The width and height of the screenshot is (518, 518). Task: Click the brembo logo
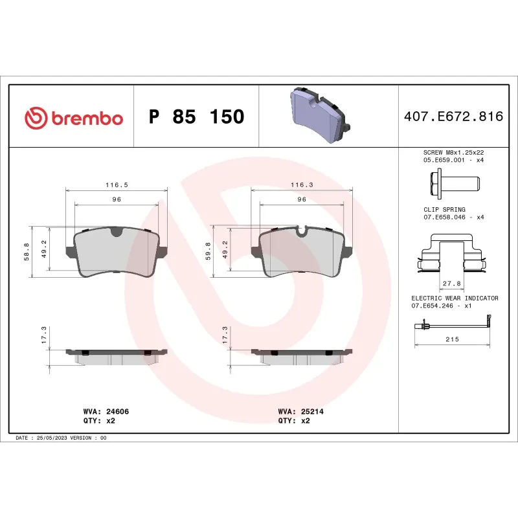(x=73, y=117)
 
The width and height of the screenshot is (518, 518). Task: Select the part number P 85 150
(x=196, y=117)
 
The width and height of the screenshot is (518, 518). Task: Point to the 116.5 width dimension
(x=117, y=185)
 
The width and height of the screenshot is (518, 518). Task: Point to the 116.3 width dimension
(x=301, y=185)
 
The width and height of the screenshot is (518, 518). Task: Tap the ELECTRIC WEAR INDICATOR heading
(x=455, y=298)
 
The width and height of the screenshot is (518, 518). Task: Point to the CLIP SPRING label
(x=444, y=210)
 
